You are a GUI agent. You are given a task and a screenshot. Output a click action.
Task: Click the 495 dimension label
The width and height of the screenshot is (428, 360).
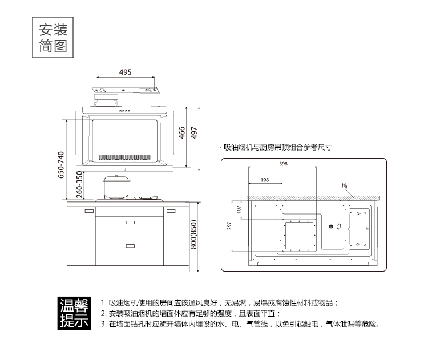tap(126, 72)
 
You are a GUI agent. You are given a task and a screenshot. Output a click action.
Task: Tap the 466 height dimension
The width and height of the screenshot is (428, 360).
tap(182, 132)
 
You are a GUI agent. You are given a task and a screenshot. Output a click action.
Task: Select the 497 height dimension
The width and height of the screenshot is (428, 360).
tap(194, 132)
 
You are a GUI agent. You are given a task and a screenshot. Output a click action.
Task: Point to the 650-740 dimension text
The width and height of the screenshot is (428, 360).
tap(61, 165)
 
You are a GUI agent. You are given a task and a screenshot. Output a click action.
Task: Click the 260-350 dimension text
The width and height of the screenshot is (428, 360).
tap(79, 184)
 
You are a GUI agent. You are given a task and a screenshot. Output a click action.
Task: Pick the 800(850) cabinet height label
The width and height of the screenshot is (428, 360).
tap(193, 234)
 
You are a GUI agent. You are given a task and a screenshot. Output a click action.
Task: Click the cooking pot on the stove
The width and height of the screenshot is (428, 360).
tap(116, 187)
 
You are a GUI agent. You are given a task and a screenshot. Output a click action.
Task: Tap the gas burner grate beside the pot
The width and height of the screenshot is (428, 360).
tap(146, 198)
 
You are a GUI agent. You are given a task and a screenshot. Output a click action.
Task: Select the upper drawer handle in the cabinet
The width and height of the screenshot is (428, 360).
tap(130, 223)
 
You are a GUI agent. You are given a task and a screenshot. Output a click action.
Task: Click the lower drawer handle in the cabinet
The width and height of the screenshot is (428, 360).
tap(130, 246)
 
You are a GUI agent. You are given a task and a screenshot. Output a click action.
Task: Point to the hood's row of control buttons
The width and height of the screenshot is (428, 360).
tap(124, 111)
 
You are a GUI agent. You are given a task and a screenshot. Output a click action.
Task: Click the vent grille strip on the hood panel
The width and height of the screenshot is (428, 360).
tap(124, 157)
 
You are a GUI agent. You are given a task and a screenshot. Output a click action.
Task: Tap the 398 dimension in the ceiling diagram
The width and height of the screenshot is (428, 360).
tap(283, 164)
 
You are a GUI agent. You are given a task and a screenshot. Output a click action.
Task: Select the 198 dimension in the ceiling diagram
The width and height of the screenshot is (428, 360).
tap(265, 180)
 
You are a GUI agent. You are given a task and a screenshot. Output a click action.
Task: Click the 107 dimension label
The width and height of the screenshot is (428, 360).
tap(239, 209)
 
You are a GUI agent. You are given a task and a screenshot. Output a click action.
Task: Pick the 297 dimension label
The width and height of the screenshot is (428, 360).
tap(229, 226)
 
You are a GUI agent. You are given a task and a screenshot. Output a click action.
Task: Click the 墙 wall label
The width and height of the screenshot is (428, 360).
tap(345, 186)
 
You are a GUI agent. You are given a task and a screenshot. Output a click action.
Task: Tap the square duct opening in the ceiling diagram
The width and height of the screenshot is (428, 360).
tap(300, 235)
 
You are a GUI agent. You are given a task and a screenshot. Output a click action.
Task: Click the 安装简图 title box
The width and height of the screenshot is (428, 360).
tap(53, 38)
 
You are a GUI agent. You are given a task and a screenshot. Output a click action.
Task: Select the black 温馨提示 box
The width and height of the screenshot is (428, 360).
tap(74, 313)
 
